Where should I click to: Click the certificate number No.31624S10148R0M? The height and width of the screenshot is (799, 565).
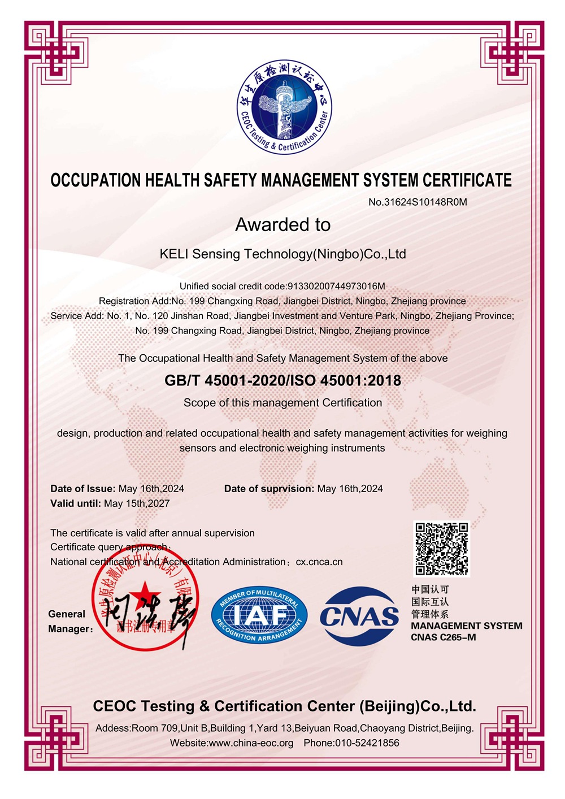[x=418, y=202]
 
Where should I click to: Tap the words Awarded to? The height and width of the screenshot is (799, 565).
[x=282, y=224]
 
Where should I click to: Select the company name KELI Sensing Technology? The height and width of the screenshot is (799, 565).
[x=282, y=254]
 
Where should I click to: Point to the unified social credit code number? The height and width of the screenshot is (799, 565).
[x=337, y=286]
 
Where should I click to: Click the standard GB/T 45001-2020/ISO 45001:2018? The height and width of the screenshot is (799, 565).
[x=282, y=380]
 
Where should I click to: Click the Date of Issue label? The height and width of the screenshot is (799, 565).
[x=83, y=488]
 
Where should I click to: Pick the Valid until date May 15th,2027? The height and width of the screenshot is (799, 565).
[x=137, y=503]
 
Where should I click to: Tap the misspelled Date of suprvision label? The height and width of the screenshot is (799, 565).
[x=269, y=488]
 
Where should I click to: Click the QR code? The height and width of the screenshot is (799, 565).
[x=442, y=549]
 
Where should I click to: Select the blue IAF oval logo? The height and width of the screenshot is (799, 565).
[x=259, y=615]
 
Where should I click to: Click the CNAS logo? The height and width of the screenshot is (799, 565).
[x=359, y=616]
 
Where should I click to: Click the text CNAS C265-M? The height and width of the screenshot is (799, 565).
[x=444, y=637]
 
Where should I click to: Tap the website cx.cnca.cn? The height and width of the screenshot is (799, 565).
[x=319, y=562]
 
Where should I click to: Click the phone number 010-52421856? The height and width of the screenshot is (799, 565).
[x=367, y=742]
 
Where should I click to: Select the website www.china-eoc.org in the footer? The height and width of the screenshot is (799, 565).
[x=251, y=742]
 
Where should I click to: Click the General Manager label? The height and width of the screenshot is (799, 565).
[x=69, y=621]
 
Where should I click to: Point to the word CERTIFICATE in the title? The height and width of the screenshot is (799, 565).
[x=467, y=180]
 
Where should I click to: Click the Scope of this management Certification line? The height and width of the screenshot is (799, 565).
[x=282, y=402]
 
